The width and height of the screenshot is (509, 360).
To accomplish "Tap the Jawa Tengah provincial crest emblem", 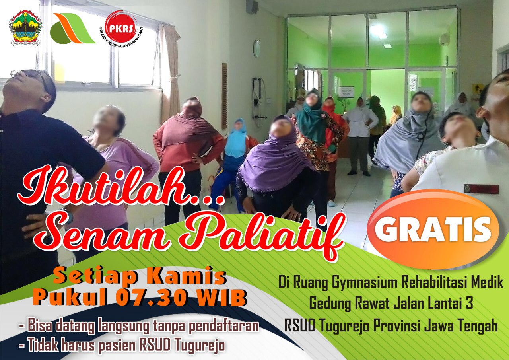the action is click(x=25, y=28).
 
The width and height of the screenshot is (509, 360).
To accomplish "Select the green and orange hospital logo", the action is click(x=73, y=28).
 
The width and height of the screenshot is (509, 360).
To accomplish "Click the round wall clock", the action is click(x=256, y=49).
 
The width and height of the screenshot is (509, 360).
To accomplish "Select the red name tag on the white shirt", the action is click(x=481, y=189).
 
